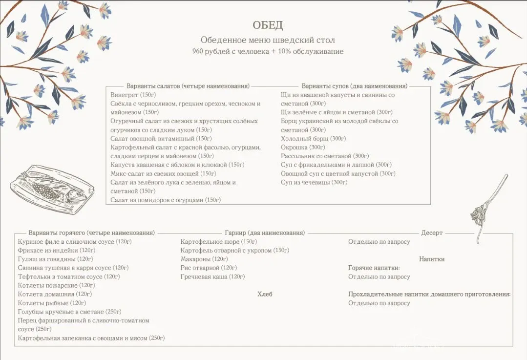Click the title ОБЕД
268,25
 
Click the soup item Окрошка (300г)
303,147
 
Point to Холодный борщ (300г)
313,138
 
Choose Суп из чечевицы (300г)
314,182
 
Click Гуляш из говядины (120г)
55,259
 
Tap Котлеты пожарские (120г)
56,285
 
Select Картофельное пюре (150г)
218,241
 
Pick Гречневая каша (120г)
212,276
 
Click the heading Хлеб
265,294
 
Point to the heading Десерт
432,233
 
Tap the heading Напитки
432,259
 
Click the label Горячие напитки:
374,268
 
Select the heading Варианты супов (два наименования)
354,86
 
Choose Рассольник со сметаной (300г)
325,156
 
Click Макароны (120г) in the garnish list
204,259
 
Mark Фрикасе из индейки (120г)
57,250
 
